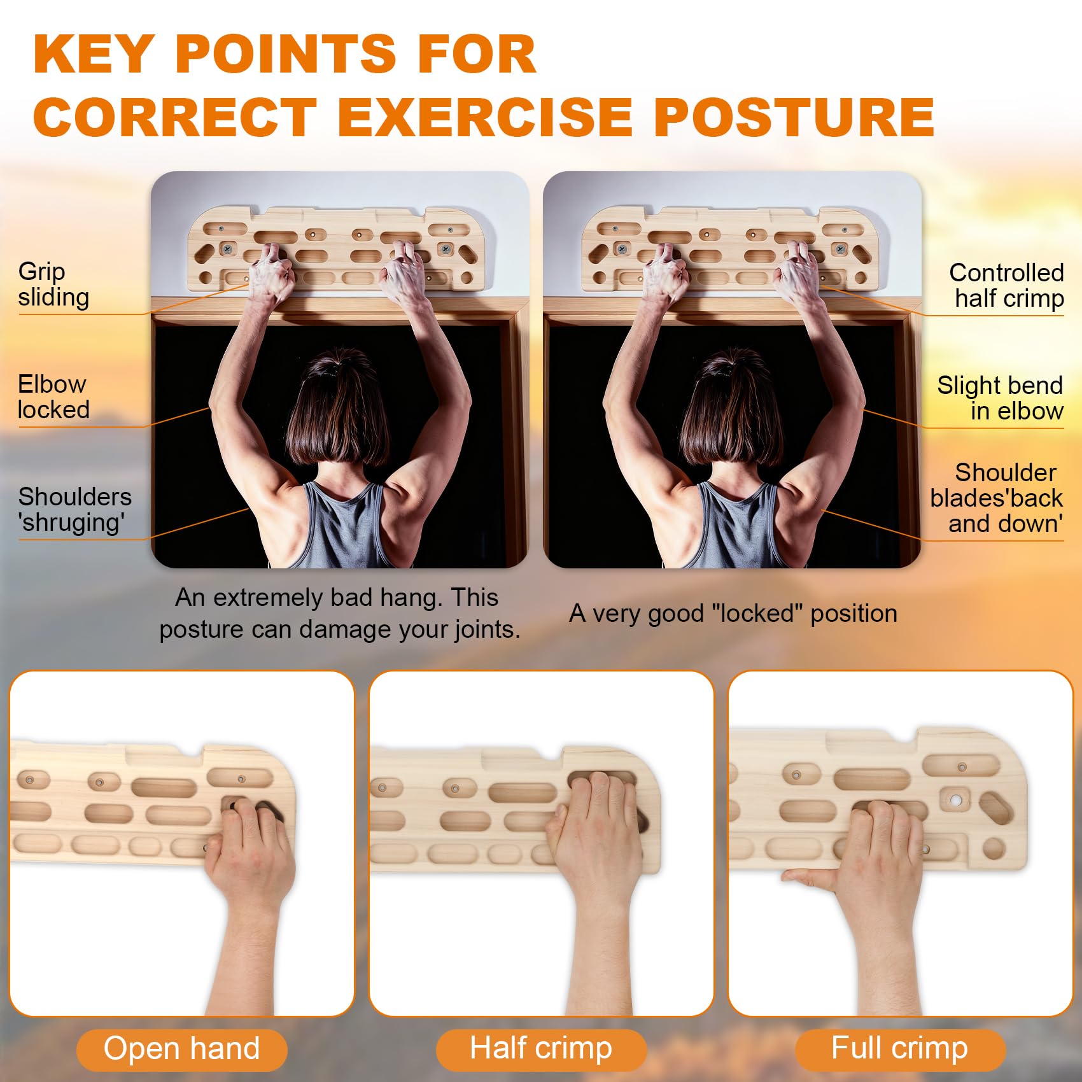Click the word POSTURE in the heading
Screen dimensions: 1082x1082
(x=794, y=117)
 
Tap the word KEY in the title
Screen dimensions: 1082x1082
(x=94, y=55)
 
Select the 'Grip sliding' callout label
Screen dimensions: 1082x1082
(x=53, y=284)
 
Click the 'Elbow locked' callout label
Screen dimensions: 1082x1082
(x=53, y=397)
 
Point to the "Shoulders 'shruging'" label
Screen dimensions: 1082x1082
(x=74, y=509)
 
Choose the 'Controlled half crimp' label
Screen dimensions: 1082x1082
(x=1006, y=285)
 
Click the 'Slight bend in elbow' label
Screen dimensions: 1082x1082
(x=1000, y=398)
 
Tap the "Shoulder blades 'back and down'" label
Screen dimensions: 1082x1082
(x=996, y=498)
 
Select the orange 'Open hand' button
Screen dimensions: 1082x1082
(x=182, y=1049)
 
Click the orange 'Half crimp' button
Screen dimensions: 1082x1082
(x=541, y=1049)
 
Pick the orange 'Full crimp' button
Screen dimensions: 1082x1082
(x=900, y=1049)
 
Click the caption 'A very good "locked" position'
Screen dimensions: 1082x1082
(x=733, y=614)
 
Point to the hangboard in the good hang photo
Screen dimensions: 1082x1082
(x=732, y=248)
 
